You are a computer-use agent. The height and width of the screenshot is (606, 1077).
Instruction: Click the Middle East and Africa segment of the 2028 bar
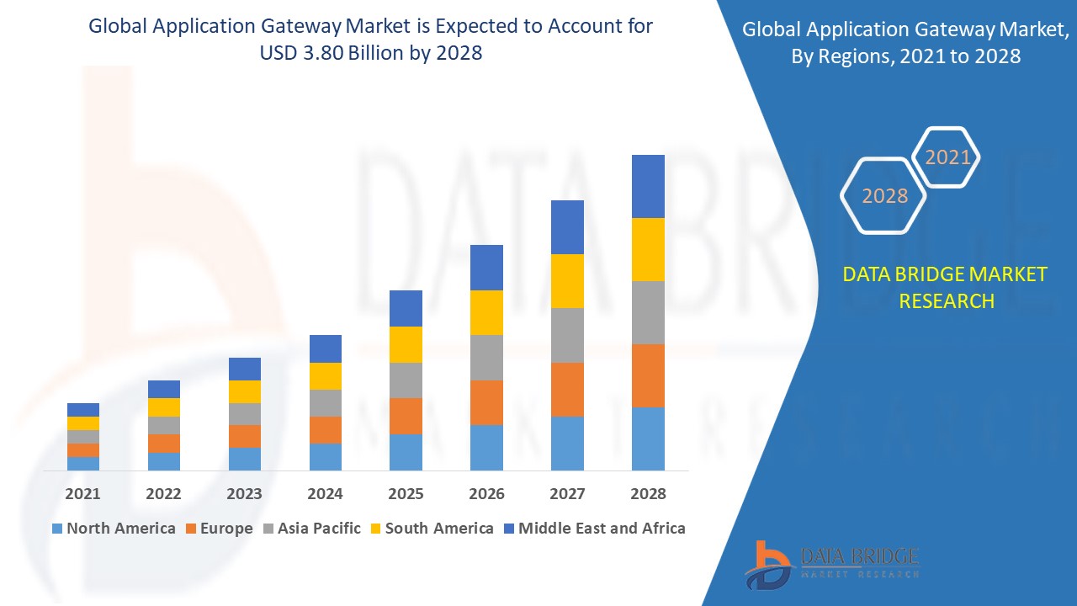tap(648, 186)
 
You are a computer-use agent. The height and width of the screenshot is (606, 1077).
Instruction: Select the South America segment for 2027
tap(567, 281)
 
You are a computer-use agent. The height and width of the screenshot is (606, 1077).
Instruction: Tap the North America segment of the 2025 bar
tap(406, 452)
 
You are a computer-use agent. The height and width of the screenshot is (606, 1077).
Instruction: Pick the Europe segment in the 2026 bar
tap(486, 402)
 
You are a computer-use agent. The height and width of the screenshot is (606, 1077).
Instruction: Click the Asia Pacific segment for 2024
tap(326, 403)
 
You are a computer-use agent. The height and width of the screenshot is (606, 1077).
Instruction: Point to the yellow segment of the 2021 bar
tap(83, 423)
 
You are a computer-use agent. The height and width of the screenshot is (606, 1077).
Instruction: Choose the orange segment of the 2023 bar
tap(245, 436)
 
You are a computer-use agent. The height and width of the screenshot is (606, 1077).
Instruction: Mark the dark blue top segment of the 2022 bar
tap(164, 389)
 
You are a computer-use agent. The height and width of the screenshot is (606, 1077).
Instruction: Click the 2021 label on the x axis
tap(83, 494)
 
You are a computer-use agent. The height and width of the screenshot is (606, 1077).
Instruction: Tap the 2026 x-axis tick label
tap(486, 494)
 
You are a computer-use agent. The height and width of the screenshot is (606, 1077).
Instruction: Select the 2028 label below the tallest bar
tap(648, 494)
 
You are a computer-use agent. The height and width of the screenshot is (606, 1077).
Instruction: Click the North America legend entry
tap(114, 529)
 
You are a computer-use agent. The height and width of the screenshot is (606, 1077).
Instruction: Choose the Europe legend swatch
tap(191, 529)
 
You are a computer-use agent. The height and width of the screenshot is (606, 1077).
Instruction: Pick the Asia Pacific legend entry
tap(310, 529)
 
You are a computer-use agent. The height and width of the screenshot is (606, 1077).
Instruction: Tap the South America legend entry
tap(431, 529)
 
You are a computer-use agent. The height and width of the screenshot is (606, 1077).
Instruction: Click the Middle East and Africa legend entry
tap(593, 529)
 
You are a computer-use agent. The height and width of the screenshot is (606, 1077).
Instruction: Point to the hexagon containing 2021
tap(947, 157)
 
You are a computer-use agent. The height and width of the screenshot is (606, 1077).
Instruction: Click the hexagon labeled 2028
tap(884, 196)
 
